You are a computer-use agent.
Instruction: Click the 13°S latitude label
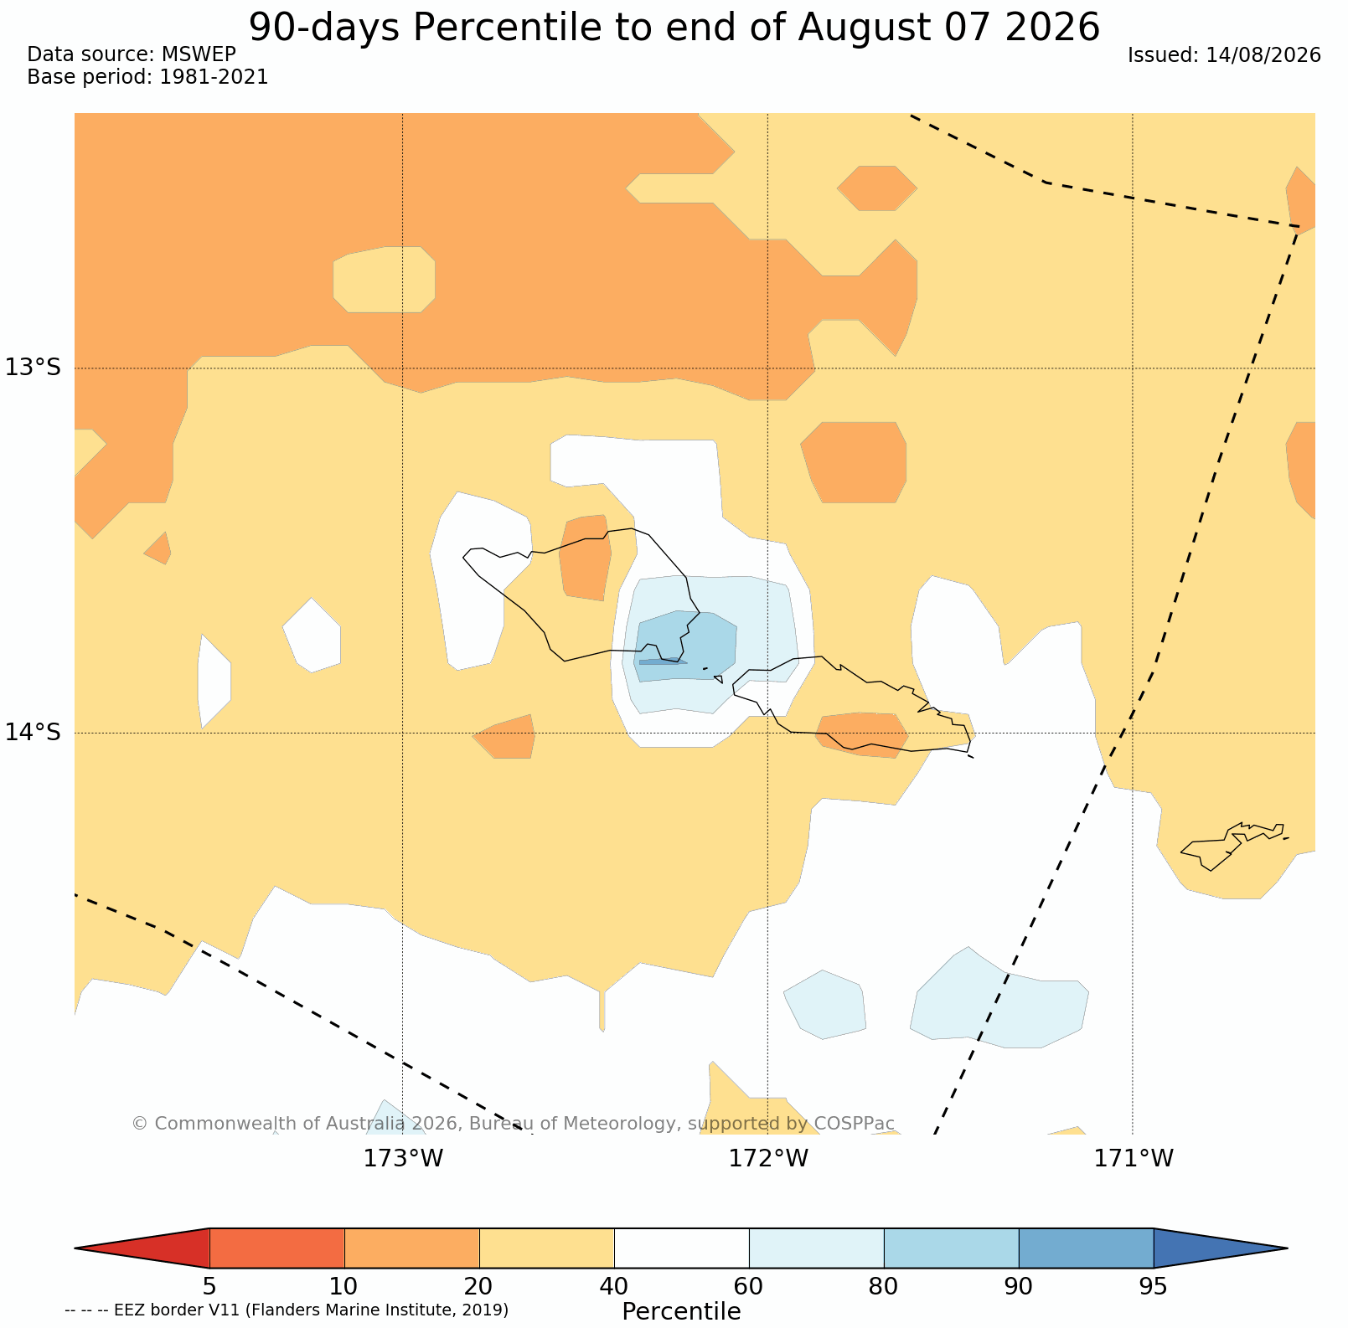33,368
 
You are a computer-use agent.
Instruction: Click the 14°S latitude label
33,733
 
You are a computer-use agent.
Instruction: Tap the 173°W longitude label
403,1159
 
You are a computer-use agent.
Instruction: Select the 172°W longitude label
768,1159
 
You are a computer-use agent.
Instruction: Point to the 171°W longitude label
1134,1159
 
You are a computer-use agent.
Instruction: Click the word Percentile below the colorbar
681,1311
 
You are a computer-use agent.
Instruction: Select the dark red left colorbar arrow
142,1248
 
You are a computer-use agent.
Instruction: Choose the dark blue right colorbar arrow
1221,1248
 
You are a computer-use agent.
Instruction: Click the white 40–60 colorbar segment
682,1248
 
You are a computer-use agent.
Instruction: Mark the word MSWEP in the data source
199,54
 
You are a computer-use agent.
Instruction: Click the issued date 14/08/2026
1263,55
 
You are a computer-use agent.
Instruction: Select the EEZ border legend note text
287,1310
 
